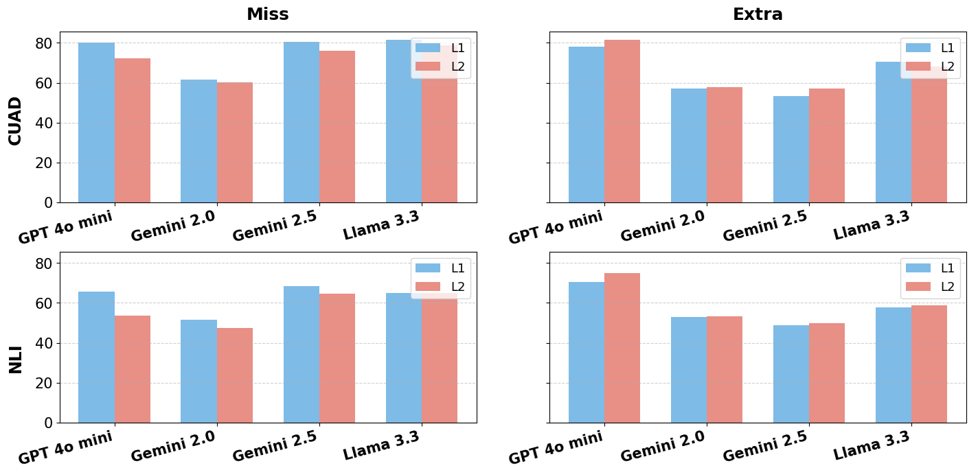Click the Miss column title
tap(268, 14)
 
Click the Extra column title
tap(758, 14)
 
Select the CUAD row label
tap(15, 121)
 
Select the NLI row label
tap(15, 359)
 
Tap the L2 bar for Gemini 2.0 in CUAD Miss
tap(235, 142)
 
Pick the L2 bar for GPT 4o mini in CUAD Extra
tap(622, 121)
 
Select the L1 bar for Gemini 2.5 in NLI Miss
tap(301, 354)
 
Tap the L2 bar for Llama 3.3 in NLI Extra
tap(929, 364)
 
